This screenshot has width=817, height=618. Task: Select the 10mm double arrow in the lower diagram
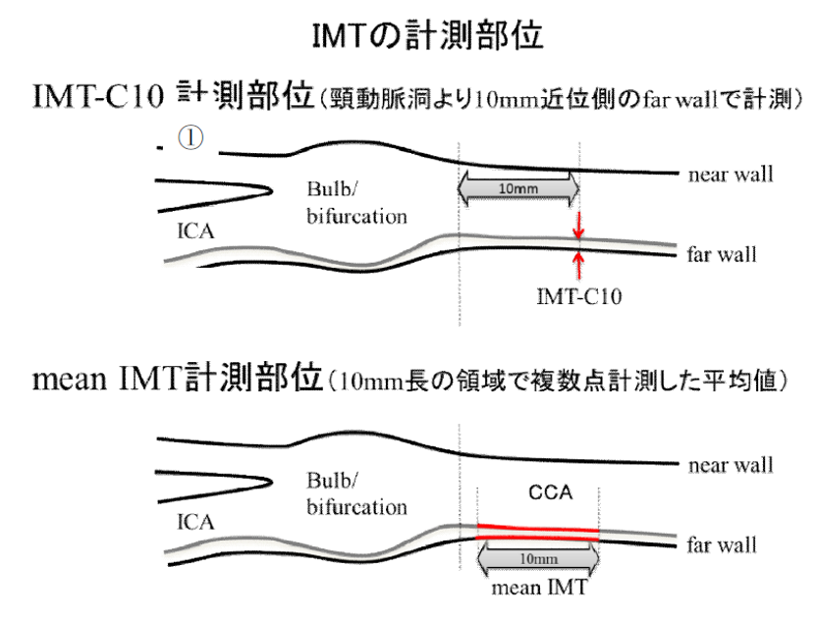coord(536,559)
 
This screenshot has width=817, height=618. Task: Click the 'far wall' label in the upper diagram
coord(722,255)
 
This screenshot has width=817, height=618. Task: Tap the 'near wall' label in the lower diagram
coord(731,464)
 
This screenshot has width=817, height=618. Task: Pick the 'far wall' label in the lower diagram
coord(722,541)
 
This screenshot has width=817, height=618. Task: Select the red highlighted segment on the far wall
coord(537,534)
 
